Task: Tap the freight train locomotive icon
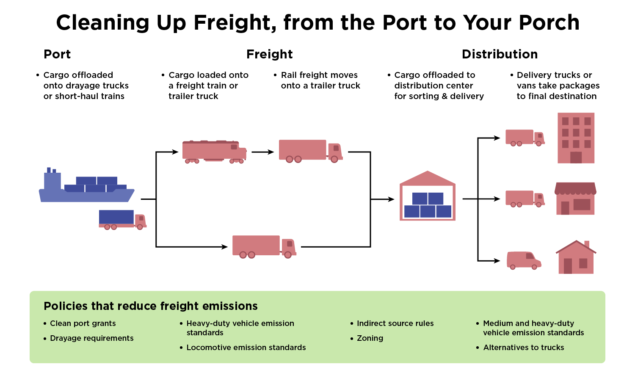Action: [214, 152]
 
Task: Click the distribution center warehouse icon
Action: [428, 196]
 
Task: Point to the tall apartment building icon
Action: [576, 138]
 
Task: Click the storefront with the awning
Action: [575, 199]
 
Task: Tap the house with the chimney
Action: [576, 258]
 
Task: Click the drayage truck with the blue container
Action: [122, 219]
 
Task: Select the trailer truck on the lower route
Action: [264, 246]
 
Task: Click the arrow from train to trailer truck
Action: [263, 152]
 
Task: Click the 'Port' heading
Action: [57, 54]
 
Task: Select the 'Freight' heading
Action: [269, 54]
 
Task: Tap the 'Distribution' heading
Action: [500, 54]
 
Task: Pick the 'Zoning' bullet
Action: [370, 338]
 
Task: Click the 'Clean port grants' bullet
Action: [83, 323]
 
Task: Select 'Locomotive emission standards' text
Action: [246, 348]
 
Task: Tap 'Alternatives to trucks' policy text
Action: [524, 348]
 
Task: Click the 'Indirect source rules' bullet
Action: [395, 323]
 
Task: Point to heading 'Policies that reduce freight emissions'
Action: [151, 306]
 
